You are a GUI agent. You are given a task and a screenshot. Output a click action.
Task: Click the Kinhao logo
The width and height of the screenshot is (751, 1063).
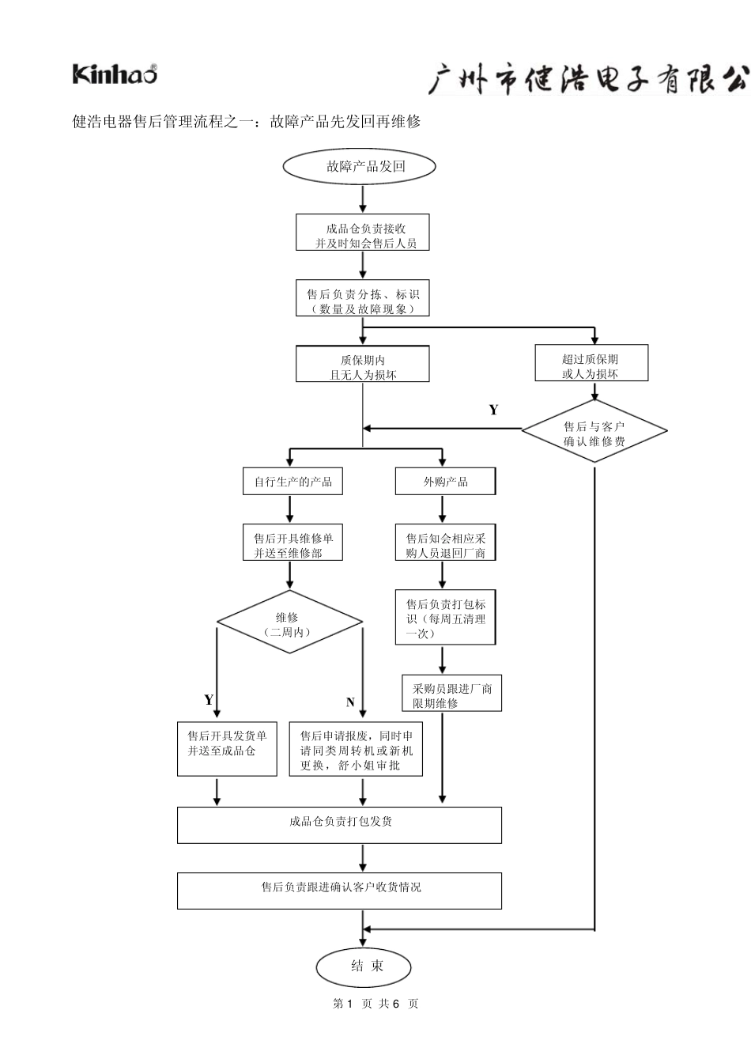point(115,74)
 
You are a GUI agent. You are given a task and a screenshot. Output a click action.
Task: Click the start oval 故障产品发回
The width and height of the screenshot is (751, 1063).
point(359,166)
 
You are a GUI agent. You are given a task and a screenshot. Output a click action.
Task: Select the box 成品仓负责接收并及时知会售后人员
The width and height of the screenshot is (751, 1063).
point(362,232)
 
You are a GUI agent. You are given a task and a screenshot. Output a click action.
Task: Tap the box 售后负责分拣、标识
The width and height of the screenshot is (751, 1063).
point(362,298)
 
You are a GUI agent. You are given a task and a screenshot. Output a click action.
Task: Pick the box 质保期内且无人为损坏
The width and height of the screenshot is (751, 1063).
point(362,364)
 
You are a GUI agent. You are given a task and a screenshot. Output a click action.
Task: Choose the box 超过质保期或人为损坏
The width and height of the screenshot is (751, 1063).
point(591,362)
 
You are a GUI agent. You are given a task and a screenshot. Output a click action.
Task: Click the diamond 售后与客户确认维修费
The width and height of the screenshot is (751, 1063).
point(594,431)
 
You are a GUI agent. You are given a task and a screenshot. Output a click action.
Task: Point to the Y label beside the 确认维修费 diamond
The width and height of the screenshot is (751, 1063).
point(494,410)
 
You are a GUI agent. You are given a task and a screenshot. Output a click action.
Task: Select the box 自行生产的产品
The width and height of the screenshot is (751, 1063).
point(292,481)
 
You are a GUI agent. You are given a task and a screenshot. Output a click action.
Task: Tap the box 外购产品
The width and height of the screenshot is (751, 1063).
point(446,481)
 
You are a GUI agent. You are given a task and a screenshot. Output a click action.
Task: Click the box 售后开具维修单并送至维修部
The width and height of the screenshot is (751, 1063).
point(292,542)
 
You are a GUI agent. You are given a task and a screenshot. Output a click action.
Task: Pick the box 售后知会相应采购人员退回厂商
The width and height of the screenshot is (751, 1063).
point(446,542)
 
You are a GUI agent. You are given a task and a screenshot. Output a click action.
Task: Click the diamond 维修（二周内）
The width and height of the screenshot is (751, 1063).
point(289,622)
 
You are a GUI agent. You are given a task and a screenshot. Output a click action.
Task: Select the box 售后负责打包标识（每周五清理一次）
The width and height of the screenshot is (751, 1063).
point(446,617)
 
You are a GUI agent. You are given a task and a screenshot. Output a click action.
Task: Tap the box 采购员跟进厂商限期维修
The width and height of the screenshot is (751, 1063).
point(451,693)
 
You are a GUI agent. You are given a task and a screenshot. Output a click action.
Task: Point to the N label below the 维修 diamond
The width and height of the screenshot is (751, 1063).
point(350,702)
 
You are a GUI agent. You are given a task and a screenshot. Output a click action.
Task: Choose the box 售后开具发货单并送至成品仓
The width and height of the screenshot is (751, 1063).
point(227,749)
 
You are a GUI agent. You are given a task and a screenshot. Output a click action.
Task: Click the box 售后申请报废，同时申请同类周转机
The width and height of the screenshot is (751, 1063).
point(356,749)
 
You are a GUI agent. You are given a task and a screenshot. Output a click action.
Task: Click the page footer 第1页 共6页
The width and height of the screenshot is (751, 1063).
point(375,1003)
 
